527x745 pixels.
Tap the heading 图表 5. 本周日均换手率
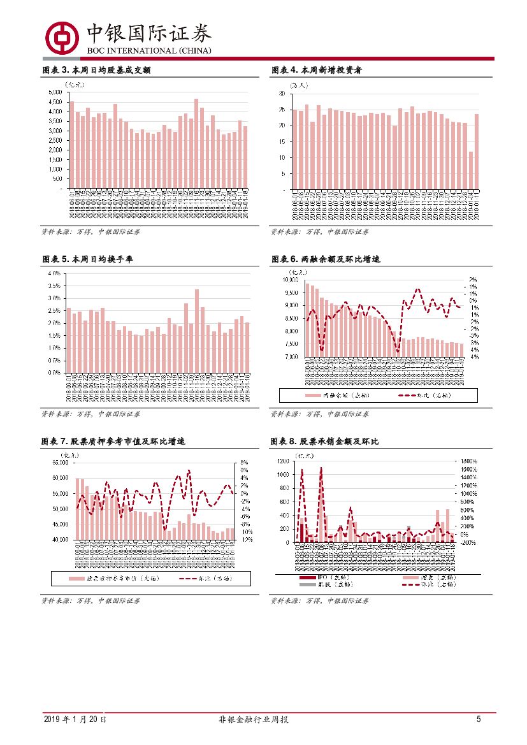click(87, 259)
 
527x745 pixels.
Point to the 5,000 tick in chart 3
click(55, 92)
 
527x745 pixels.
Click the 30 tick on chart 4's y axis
click(282, 94)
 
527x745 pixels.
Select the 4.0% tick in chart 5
click(54, 273)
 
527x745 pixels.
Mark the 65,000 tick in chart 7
click(60, 463)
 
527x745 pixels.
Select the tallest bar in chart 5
click(197, 331)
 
